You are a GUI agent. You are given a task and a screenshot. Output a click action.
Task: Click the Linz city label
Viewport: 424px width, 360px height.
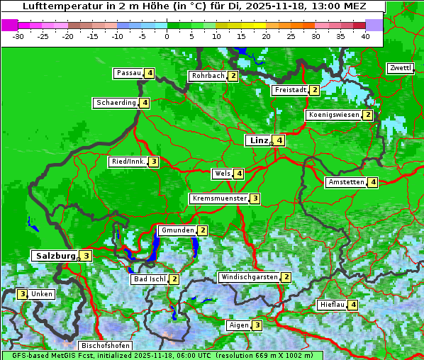click(258, 140)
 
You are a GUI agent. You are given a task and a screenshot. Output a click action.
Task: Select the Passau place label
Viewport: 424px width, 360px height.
click(129, 73)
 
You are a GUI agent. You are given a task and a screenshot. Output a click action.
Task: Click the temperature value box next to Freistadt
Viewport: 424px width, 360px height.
click(314, 90)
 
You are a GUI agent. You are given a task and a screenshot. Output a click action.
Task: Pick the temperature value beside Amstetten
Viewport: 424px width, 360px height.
click(373, 182)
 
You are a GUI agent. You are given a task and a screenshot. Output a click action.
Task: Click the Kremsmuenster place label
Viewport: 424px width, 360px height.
click(219, 198)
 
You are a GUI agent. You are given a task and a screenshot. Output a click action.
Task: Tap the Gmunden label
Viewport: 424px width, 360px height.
click(177, 230)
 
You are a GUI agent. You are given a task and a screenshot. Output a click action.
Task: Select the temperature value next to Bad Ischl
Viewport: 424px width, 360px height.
click(174, 279)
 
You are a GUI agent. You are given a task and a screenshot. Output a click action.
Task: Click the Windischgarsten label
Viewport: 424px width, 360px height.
click(249, 277)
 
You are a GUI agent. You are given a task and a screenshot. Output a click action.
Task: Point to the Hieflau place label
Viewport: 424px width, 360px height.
click(332, 305)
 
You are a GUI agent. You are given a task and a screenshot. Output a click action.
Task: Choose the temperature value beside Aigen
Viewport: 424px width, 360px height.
click(257, 325)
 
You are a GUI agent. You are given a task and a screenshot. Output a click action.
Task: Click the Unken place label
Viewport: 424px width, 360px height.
click(42, 294)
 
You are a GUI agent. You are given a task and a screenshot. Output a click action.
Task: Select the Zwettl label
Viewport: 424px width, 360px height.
click(400, 68)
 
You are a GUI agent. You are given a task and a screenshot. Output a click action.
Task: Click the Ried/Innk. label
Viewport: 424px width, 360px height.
click(128, 162)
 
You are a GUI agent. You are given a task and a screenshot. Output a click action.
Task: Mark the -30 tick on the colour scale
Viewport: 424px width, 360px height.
click(18, 35)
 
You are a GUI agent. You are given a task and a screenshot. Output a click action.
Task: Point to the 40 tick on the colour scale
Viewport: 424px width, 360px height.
click(365, 35)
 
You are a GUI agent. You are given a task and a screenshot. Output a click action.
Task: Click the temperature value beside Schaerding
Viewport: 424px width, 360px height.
click(145, 103)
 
